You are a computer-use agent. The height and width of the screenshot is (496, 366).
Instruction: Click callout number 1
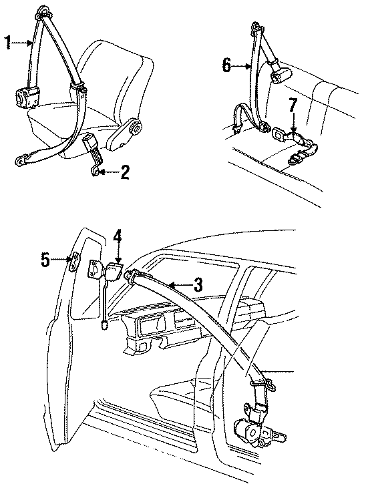coord(8,43)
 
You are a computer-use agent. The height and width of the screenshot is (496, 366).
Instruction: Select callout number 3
coord(197,286)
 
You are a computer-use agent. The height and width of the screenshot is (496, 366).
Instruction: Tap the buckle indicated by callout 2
coord(91,146)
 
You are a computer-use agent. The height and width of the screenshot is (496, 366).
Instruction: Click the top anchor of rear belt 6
coord(256,29)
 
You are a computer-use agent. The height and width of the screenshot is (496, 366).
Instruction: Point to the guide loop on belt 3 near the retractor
coord(262,381)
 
